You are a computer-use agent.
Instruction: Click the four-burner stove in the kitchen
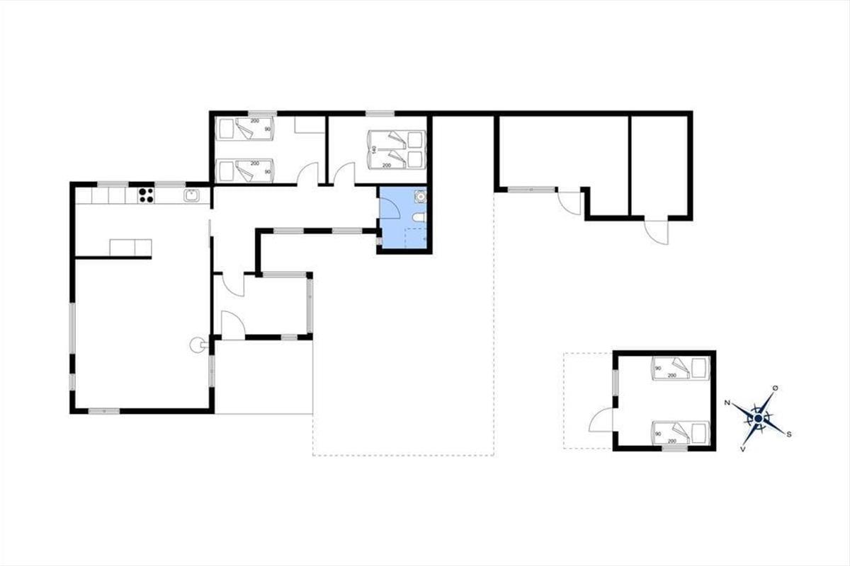[146, 195]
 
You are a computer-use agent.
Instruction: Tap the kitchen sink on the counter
[192, 195]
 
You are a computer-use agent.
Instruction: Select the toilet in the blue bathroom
[419, 216]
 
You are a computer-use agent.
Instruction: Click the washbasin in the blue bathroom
[421, 196]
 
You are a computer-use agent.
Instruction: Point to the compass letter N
[727, 403]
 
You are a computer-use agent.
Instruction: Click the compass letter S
[788, 434]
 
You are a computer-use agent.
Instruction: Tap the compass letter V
[742, 449]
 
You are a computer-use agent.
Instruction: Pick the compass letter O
[775, 388]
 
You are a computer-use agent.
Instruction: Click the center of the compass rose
[758, 419]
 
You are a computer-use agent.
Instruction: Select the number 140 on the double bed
[374, 149]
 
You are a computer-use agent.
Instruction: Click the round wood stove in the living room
[196, 345]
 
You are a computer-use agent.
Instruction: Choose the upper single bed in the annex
[681, 368]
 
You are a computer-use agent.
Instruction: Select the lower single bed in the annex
[681, 432]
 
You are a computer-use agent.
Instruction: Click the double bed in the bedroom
[396, 149]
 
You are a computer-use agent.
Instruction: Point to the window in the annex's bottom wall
[674, 448]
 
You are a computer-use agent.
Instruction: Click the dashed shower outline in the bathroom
[415, 238]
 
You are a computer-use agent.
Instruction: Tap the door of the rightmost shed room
[657, 232]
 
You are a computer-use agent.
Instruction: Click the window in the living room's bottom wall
[104, 411]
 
